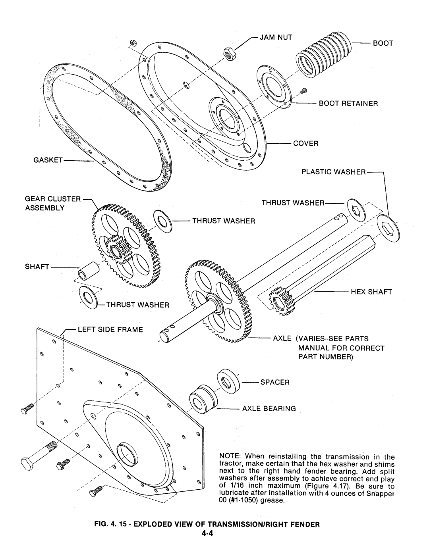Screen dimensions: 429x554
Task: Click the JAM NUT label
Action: (276, 37)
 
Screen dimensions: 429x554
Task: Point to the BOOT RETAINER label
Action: (348, 104)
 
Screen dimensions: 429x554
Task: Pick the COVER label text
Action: (305, 144)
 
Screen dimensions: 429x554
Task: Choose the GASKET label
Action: (48, 160)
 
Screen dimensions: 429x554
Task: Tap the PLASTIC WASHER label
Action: (333, 172)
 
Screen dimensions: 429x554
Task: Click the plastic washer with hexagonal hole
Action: (388, 228)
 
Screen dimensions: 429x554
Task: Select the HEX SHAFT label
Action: (371, 292)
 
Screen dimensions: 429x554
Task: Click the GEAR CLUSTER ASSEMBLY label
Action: (52, 204)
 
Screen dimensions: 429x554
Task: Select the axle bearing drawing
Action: (203, 399)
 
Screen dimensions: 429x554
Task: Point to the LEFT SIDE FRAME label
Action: (110, 330)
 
